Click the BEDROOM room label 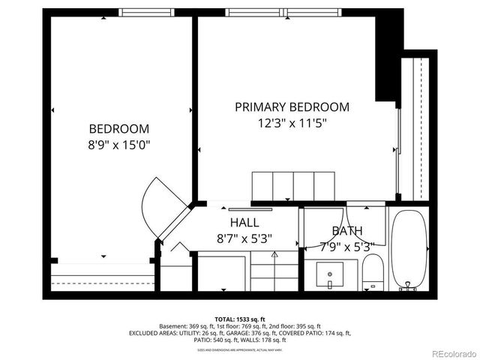pyautogui.click(x=119, y=128)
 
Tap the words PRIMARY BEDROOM pyautogui.click(x=292, y=107)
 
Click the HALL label pyautogui.click(x=244, y=223)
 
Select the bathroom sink pyautogui.click(x=329, y=275)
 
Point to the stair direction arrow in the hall pyautogui.click(x=274, y=255)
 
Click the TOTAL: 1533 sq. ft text pyautogui.click(x=240, y=319)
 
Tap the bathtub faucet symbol pyautogui.click(x=409, y=286)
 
